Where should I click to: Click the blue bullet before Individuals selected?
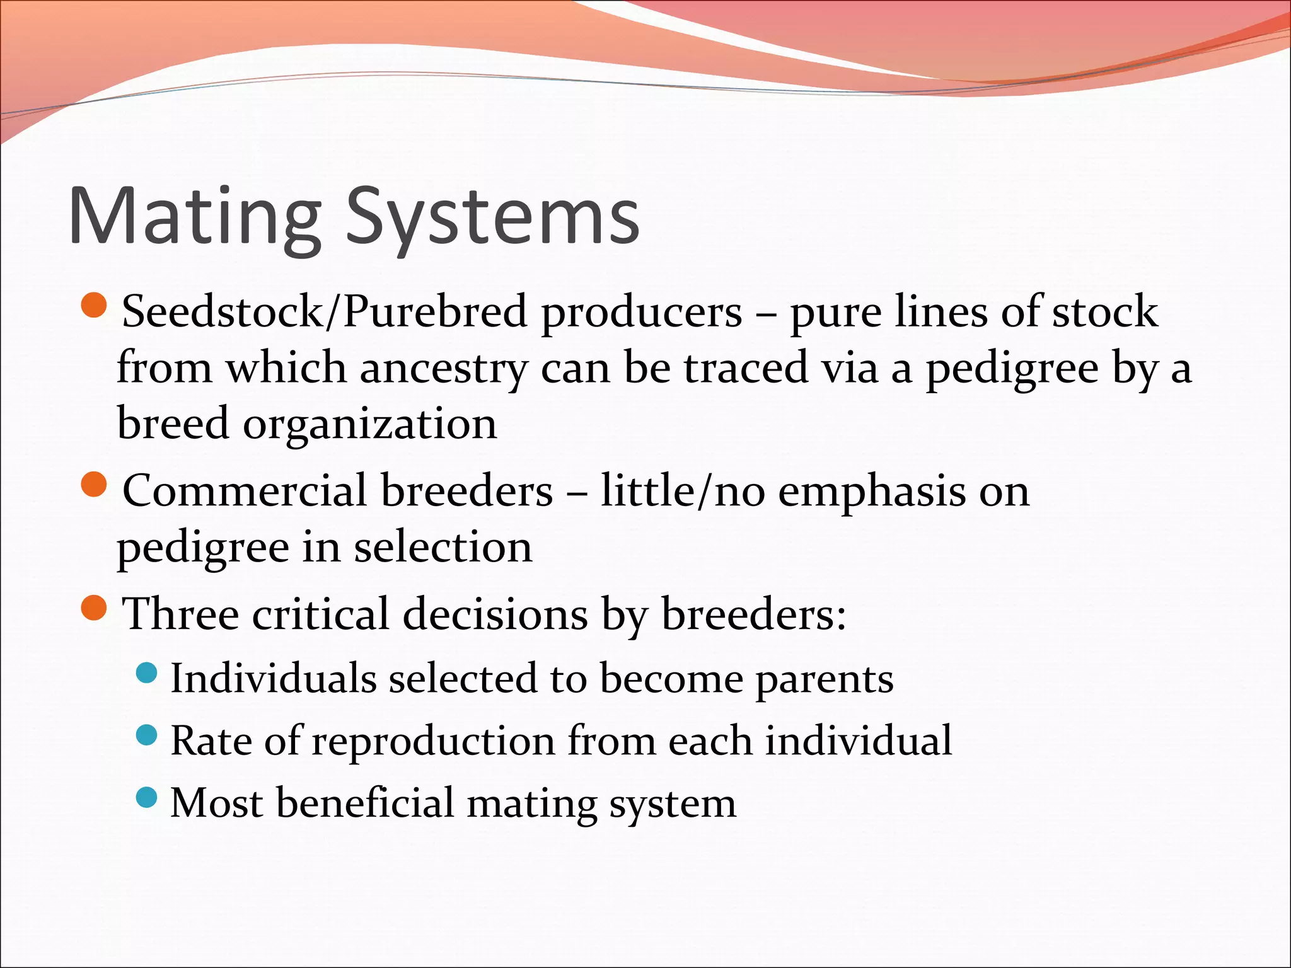(x=146, y=673)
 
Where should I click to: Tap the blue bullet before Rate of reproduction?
(x=146, y=735)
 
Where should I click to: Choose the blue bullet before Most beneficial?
(x=146, y=797)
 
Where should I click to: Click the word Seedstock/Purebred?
(x=324, y=311)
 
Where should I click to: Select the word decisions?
(x=495, y=614)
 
